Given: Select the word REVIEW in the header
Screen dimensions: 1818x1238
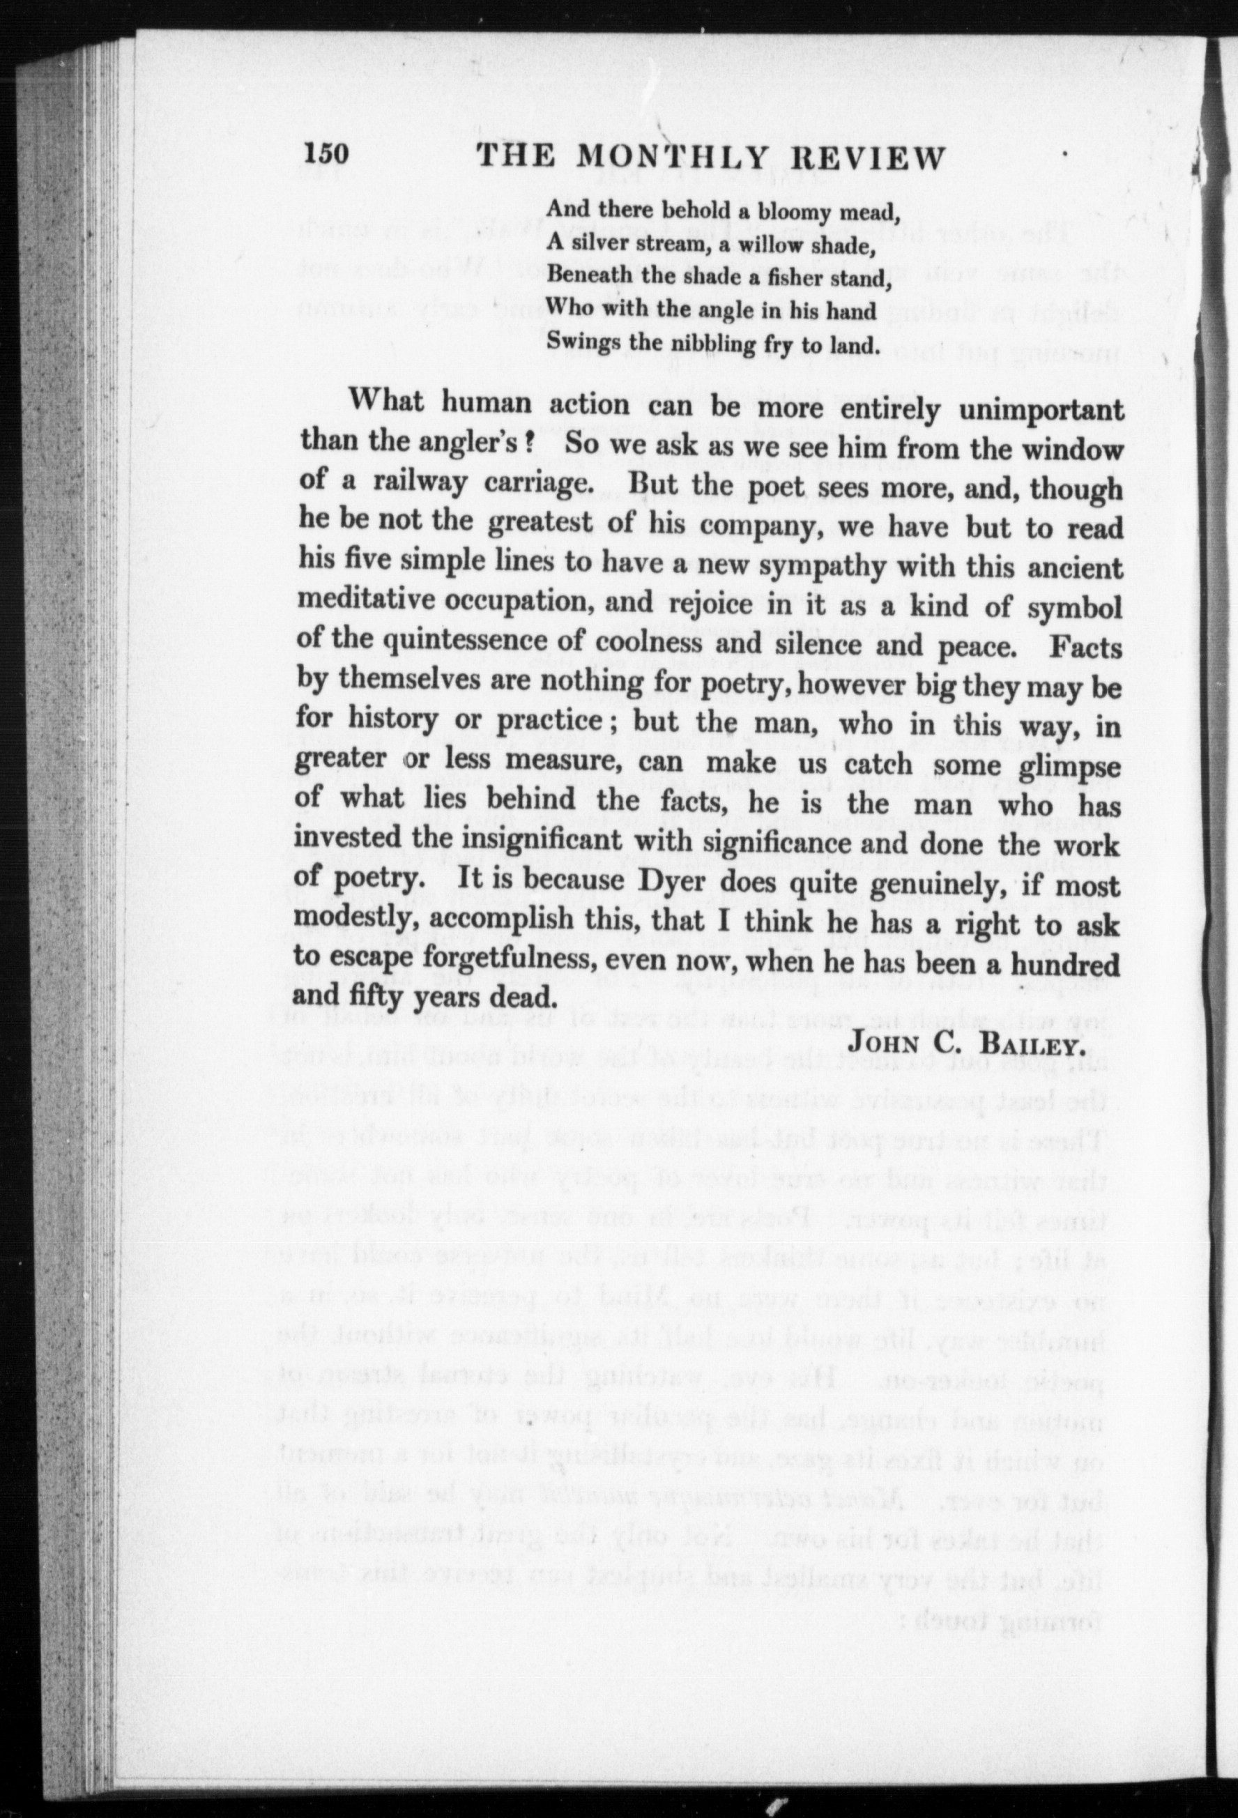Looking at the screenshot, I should point(866,159).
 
